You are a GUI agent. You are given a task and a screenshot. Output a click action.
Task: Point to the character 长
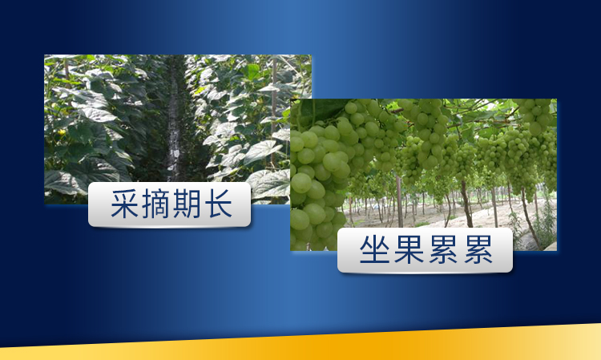pyautogui.click(x=217, y=205)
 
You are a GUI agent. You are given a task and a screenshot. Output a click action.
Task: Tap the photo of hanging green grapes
pyautogui.click(x=449, y=160)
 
